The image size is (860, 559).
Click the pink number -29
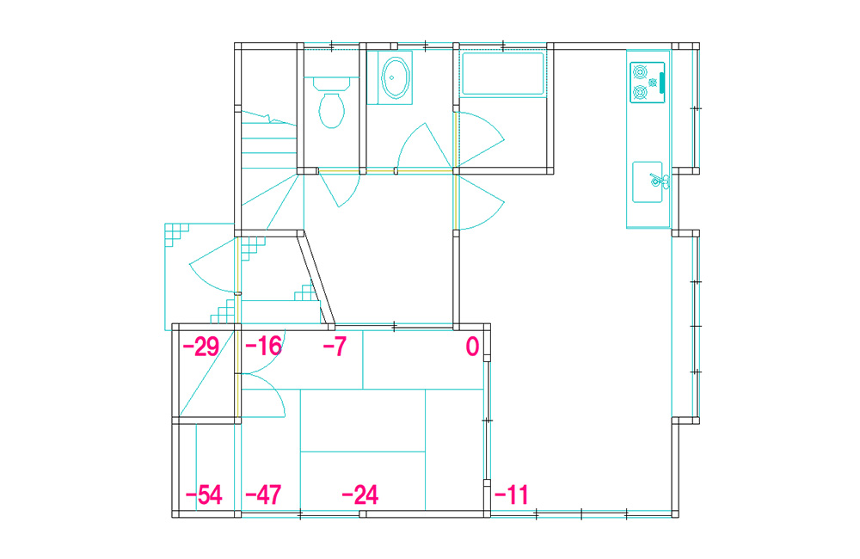pyautogui.click(x=200, y=347)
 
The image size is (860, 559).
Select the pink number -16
pyautogui.click(x=263, y=347)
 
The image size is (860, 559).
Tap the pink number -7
pyautogui.click(x=335, y=347)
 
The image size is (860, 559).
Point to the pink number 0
pyautogui.click(x=472, y=347)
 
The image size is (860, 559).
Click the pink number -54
pyautogui.click(x=204, y=494)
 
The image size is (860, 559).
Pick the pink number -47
pyautogui.click(x=263, y=494)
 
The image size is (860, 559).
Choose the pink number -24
pyautogui.click(x=359, y=494)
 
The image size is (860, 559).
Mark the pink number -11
pyautogui.click(x=511, y=494)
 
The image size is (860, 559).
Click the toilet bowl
pyautogui.click(x=331, y=110)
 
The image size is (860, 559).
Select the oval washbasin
pyautogui.click(x=395, y=77)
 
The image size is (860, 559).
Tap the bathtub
pyautogui.click(x=503, y=73)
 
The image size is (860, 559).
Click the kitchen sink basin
pyautogui.click(x=647, y=182)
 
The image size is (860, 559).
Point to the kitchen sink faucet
pyautogui.click(x=658, y=181)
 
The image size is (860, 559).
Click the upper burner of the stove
pyautogui.click(x=640, y=72)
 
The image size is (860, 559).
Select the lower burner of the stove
pyautogui.click(x=640, y=92)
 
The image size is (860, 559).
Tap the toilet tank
pyautogui.click(x=331, y=84)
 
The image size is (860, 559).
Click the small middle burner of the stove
pyautogui.click(x=653, y=83)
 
